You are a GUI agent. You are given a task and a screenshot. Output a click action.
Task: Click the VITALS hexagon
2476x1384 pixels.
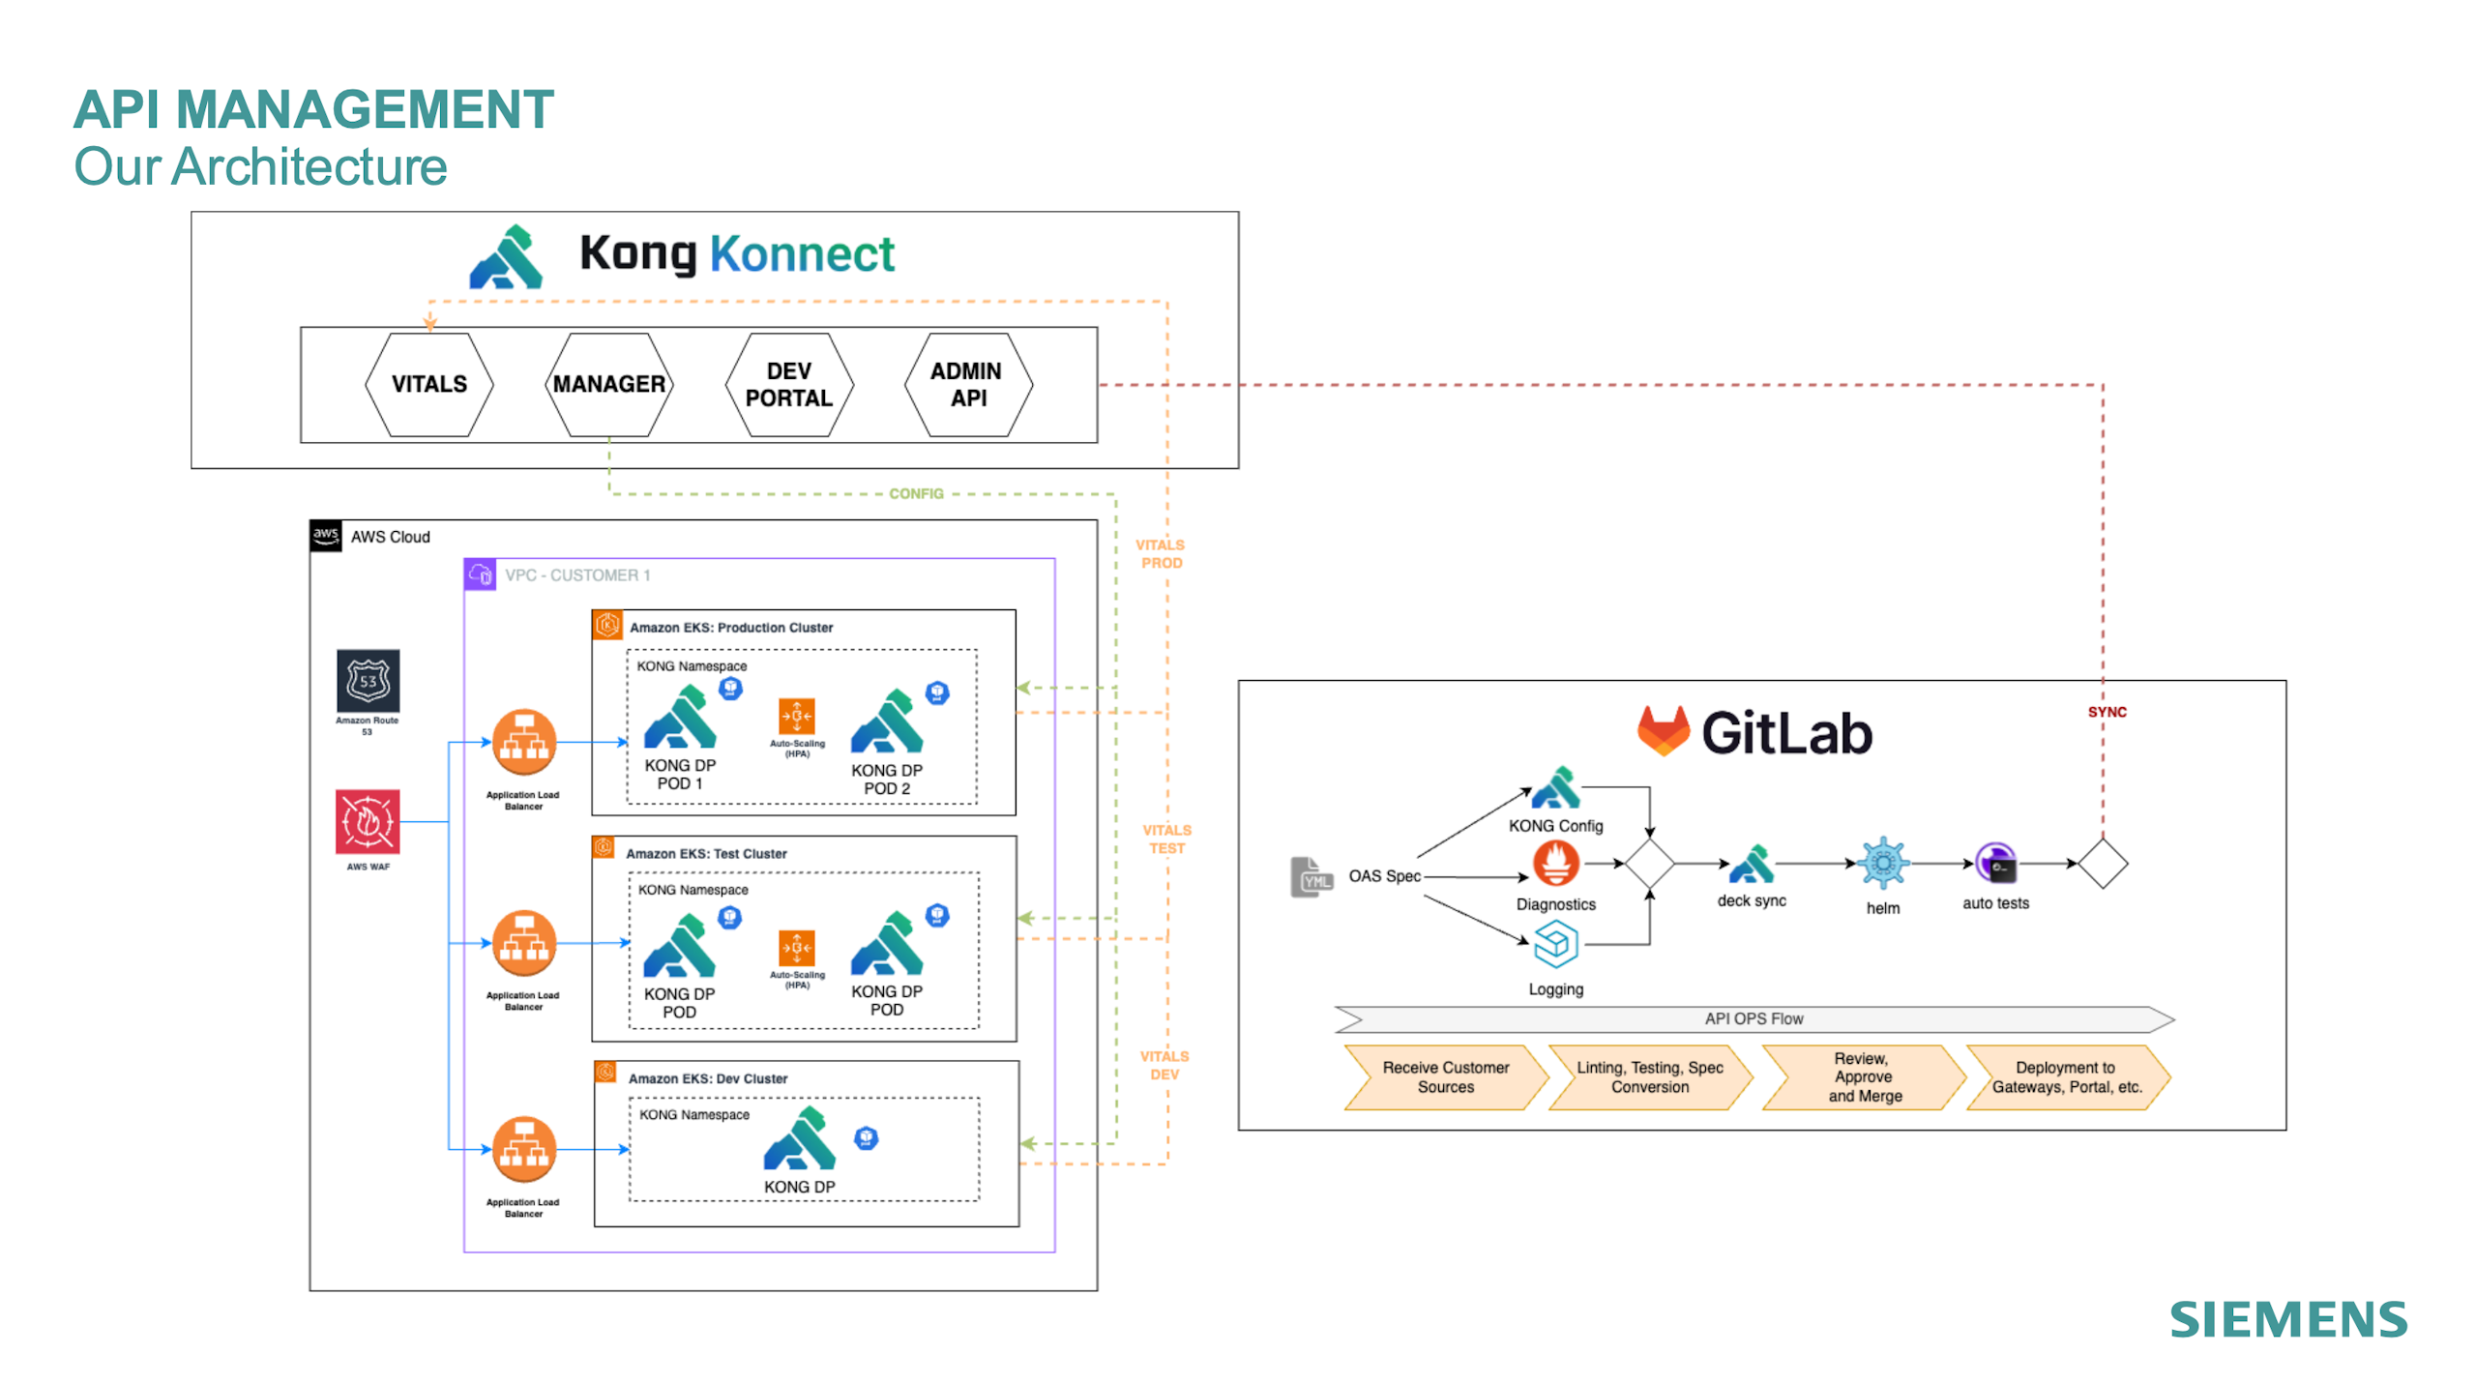tap(428, 384)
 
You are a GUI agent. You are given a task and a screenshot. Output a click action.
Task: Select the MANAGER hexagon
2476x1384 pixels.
tap(608, 384)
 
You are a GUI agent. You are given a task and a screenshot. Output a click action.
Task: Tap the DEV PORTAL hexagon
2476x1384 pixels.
tap(788, 384)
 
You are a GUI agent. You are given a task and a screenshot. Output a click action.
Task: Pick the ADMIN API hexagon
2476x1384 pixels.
tap(967, 384)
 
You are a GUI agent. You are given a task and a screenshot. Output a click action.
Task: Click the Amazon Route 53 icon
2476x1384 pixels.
tap(368, 681)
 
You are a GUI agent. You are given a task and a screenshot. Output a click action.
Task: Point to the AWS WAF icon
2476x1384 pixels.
tap(368, 821)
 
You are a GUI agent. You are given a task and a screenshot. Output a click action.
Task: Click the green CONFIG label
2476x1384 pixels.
tap(915, 493)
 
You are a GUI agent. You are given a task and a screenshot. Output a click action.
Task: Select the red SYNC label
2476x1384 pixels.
tap(2106, 712)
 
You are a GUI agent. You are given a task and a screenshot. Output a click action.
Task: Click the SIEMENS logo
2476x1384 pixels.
tap(2287, 1319)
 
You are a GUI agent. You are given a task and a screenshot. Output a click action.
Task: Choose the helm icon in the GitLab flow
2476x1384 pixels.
tap(1882, 863)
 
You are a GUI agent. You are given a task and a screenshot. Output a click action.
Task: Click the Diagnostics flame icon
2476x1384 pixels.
tap(1555, 862)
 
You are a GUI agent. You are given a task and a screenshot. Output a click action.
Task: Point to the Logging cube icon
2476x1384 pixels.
tap(1555, 944)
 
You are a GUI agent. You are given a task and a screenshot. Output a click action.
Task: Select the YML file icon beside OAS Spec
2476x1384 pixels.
tap(1312, 877)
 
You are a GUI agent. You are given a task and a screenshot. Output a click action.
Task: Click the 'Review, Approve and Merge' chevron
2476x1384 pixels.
tap(1863, 1076)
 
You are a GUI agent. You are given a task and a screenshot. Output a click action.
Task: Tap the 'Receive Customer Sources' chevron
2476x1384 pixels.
tap(1445, 1076)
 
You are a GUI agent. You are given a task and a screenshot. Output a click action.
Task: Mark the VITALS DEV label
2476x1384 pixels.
tap(1164, 1065)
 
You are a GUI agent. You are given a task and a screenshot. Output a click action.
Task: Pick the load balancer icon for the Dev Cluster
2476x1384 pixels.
tap(524, 1148)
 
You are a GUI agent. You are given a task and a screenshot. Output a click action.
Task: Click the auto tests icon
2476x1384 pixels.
tap(1995, 863)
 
